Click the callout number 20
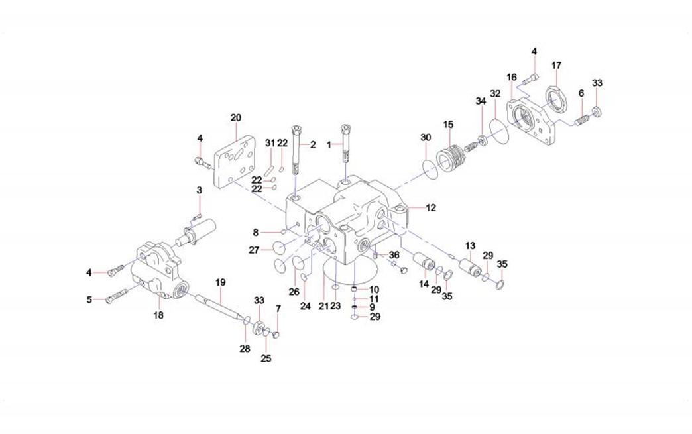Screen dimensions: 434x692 (x=236, y=118)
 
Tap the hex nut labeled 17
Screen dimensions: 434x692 (x=555, y=97)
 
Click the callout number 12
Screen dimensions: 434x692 (x=431, y=208)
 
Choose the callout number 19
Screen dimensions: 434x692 (x=221, y=282)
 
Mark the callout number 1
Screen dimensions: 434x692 (x=329, y=144)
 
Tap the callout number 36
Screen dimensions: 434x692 (x=394, y=255)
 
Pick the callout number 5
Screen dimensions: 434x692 (x=89, y=299)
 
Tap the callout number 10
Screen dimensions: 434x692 (x=374, y=290)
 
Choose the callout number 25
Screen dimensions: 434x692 (x=266, y=359)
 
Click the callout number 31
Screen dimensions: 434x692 (x=269, y=143)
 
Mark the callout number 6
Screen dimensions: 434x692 (x=581, y=94)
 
